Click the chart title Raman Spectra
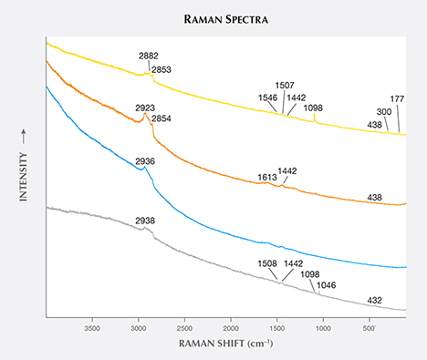[x=213, y=15]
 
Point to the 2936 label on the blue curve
[x=145, y=161]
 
